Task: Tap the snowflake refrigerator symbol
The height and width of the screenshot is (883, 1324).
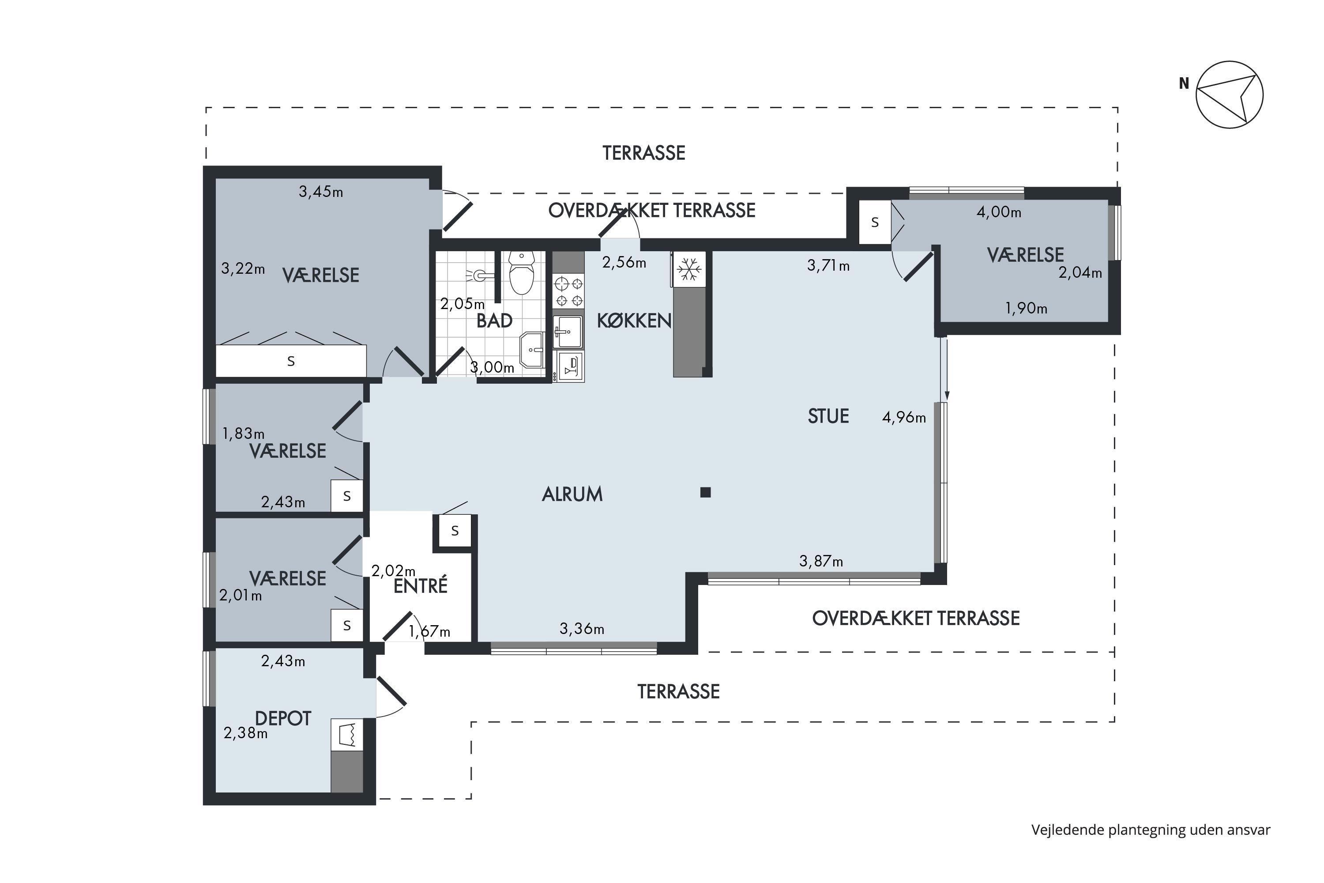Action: pos(688,269)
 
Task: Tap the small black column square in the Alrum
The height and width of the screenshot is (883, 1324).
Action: pos(705,493)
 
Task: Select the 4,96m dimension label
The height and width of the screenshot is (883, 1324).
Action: pos(903,417)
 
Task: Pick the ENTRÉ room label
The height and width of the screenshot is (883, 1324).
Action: pos(421,586)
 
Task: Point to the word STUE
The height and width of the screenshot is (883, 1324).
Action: pos(828,416)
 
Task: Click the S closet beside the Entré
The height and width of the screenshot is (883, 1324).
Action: pos(455,531)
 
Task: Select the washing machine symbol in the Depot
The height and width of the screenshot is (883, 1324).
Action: pos(347,734)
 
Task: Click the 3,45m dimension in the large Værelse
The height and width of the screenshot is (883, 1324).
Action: pos(321,192)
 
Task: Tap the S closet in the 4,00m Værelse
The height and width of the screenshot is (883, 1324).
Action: pos(875,223)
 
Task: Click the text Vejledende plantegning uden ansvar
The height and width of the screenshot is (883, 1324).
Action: pos(1151,830)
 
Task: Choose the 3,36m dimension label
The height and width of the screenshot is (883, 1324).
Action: pos(582,628)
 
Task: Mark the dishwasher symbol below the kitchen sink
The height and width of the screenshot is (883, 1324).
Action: pos(568,366)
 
